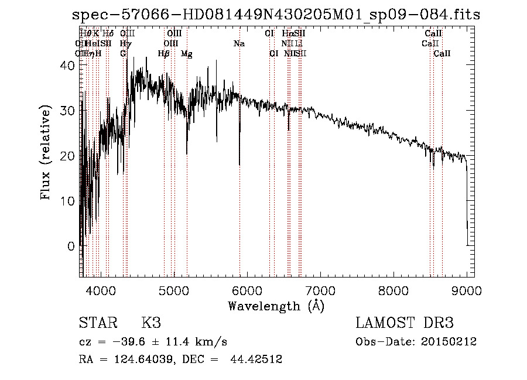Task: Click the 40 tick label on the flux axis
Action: pyautogui.click(x=68, y=66)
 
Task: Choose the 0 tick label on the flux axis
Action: pyautogui.click(x=72, y=246)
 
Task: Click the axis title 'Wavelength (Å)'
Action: pyautogui.click(x=276, y=306)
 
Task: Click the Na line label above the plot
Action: pyautogui.click(x=239, y=43)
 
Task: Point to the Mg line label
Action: pyautogui.click(x=187, y=54)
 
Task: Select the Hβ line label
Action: pyautogui.click(x=164, y=54)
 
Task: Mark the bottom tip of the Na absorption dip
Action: pyautogui.click(x=239, y=165)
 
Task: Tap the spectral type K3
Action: pyautogui.click(x=151, y=323)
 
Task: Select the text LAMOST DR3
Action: pyautogui.click(x=405, y=323)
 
